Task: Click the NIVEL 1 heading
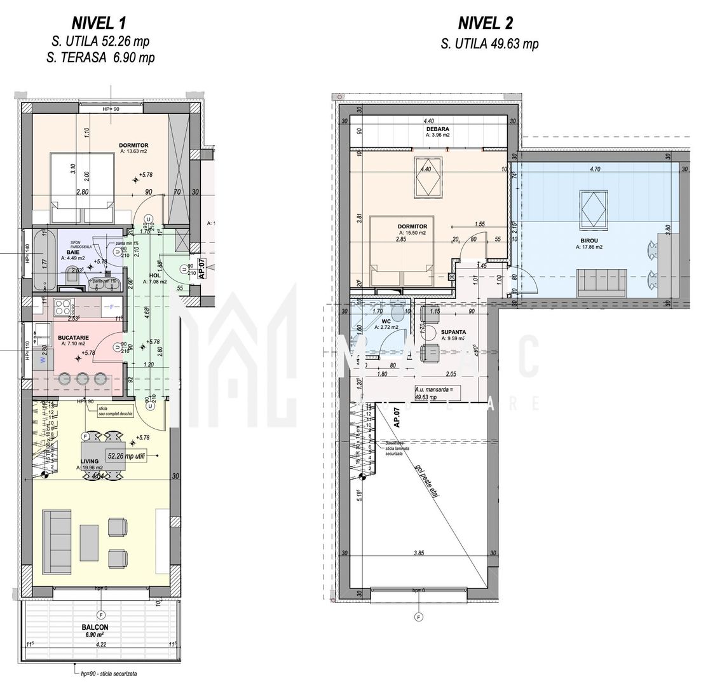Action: (98, 24)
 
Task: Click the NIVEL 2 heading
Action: (485, 24)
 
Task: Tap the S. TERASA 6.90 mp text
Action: (100, 58)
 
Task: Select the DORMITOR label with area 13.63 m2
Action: (133, 146)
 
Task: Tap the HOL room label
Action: (154, 275)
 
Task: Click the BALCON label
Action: (94, 627)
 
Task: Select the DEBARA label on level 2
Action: (437, 129)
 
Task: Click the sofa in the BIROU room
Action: (601, 281)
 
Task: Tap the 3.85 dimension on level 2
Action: (418, 553)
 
